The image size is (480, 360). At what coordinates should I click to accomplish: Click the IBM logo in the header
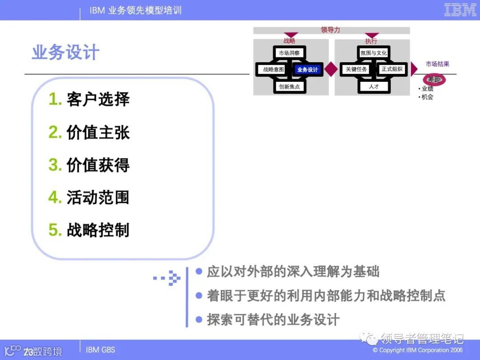pos(460,10)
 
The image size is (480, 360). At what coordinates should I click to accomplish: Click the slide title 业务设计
pos(66,52)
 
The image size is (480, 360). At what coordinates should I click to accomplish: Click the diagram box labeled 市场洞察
pos(289,53)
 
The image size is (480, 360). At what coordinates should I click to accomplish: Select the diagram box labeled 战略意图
pos(273,69)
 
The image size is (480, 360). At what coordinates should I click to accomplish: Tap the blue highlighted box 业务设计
pos(308,69)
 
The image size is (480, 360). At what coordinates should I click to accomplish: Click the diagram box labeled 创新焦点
pos(289,86)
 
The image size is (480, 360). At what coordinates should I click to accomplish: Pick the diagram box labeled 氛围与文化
pos(374,53)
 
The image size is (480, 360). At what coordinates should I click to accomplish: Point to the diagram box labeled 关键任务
pos(356,69)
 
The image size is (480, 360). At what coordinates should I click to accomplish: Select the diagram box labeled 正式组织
pos(392,69)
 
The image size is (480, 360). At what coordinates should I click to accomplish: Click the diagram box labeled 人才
pos(374,86)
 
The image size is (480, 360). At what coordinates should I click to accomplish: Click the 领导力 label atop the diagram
pos(330,30)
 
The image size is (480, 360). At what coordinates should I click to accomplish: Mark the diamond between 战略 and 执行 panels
pos(331,69)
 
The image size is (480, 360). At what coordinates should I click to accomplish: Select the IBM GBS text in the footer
pos(100,350)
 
